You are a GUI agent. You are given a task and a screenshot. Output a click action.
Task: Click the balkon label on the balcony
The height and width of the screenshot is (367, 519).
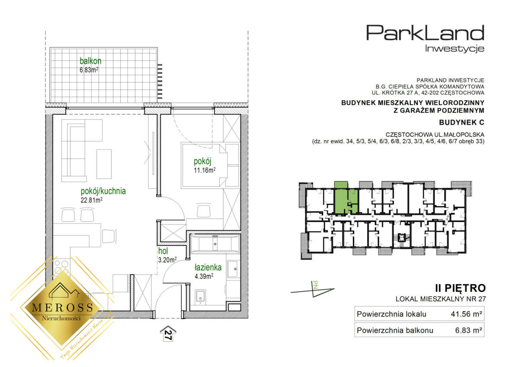90,61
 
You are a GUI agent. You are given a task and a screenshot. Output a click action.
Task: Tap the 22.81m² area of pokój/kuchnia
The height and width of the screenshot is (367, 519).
92,200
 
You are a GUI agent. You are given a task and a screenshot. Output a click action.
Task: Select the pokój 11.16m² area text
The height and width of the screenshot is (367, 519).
205,170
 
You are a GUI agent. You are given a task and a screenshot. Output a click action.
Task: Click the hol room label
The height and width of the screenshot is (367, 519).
163,251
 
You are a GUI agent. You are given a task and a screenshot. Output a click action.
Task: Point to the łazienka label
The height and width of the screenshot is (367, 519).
208,268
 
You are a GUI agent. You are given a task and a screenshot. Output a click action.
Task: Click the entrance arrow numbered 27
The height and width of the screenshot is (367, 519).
168,333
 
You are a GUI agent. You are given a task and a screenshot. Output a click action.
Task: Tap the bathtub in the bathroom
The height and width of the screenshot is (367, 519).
215,243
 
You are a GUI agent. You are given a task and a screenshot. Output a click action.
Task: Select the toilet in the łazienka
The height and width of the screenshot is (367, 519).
200,297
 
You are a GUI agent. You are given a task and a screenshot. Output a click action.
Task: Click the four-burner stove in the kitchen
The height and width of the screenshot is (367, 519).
61,267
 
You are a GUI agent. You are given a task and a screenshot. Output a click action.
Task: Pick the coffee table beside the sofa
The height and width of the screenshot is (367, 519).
104,164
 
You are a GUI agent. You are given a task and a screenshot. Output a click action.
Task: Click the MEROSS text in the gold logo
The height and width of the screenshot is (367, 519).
63,307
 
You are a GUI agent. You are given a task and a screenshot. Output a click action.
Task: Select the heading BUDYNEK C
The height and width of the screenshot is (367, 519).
461,122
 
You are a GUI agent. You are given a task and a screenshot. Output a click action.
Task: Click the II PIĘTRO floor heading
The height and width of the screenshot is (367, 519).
460,288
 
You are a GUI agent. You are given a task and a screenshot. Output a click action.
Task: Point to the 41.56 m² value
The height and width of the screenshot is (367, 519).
466,314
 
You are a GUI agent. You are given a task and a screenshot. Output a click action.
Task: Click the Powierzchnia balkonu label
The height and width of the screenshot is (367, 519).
395,330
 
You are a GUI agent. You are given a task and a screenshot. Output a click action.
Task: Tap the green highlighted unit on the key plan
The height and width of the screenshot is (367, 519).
346,201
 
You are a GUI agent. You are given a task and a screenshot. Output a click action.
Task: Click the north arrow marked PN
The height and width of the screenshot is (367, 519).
313,289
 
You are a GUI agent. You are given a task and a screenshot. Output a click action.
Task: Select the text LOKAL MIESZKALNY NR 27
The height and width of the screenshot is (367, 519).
440,299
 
